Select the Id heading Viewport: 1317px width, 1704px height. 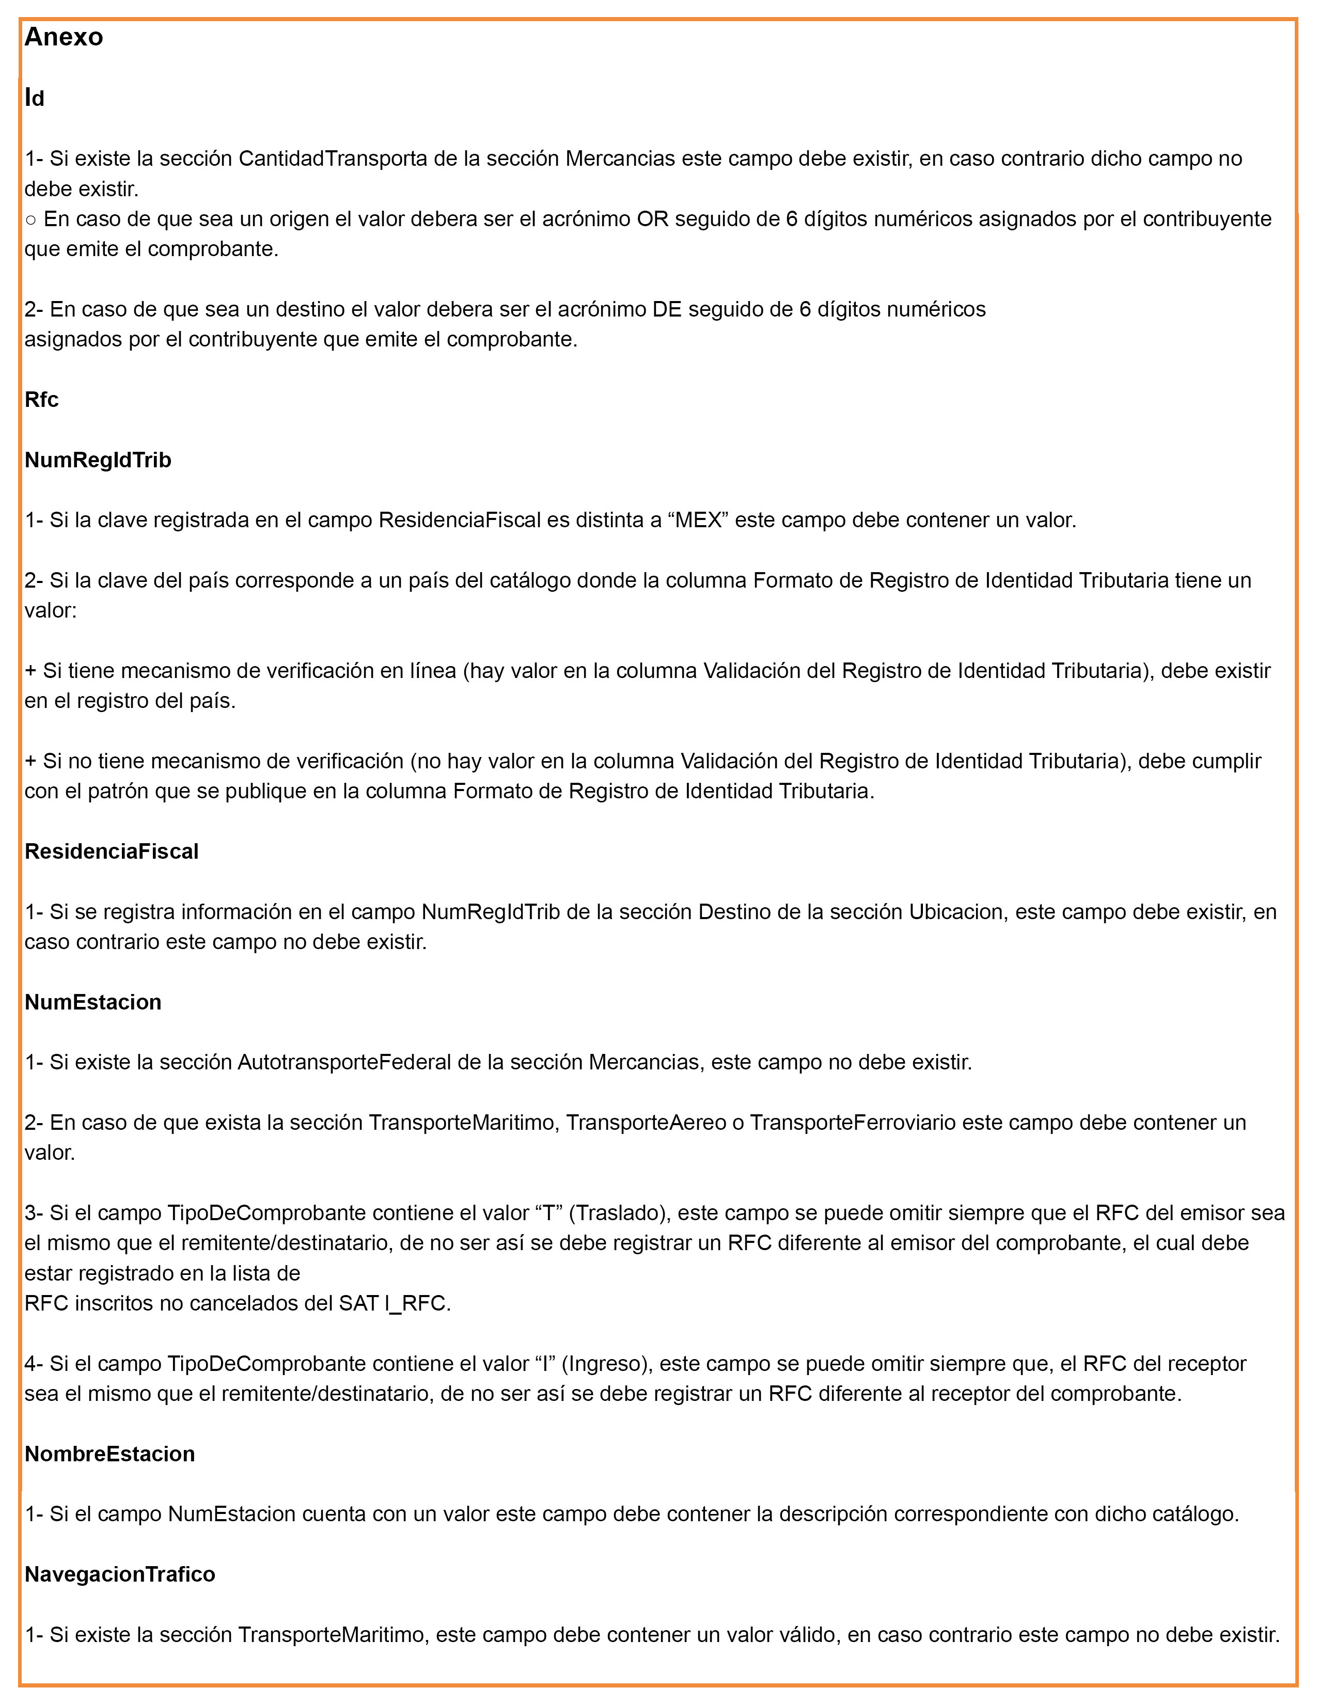point(34,98)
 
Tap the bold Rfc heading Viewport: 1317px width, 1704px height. point(41,400)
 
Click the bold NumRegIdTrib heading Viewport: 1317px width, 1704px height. point(98,460)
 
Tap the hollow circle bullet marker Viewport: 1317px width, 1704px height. point(30,220)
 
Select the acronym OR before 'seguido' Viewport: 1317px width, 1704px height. point(652,219)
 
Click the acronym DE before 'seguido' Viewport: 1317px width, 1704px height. point(667,310)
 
